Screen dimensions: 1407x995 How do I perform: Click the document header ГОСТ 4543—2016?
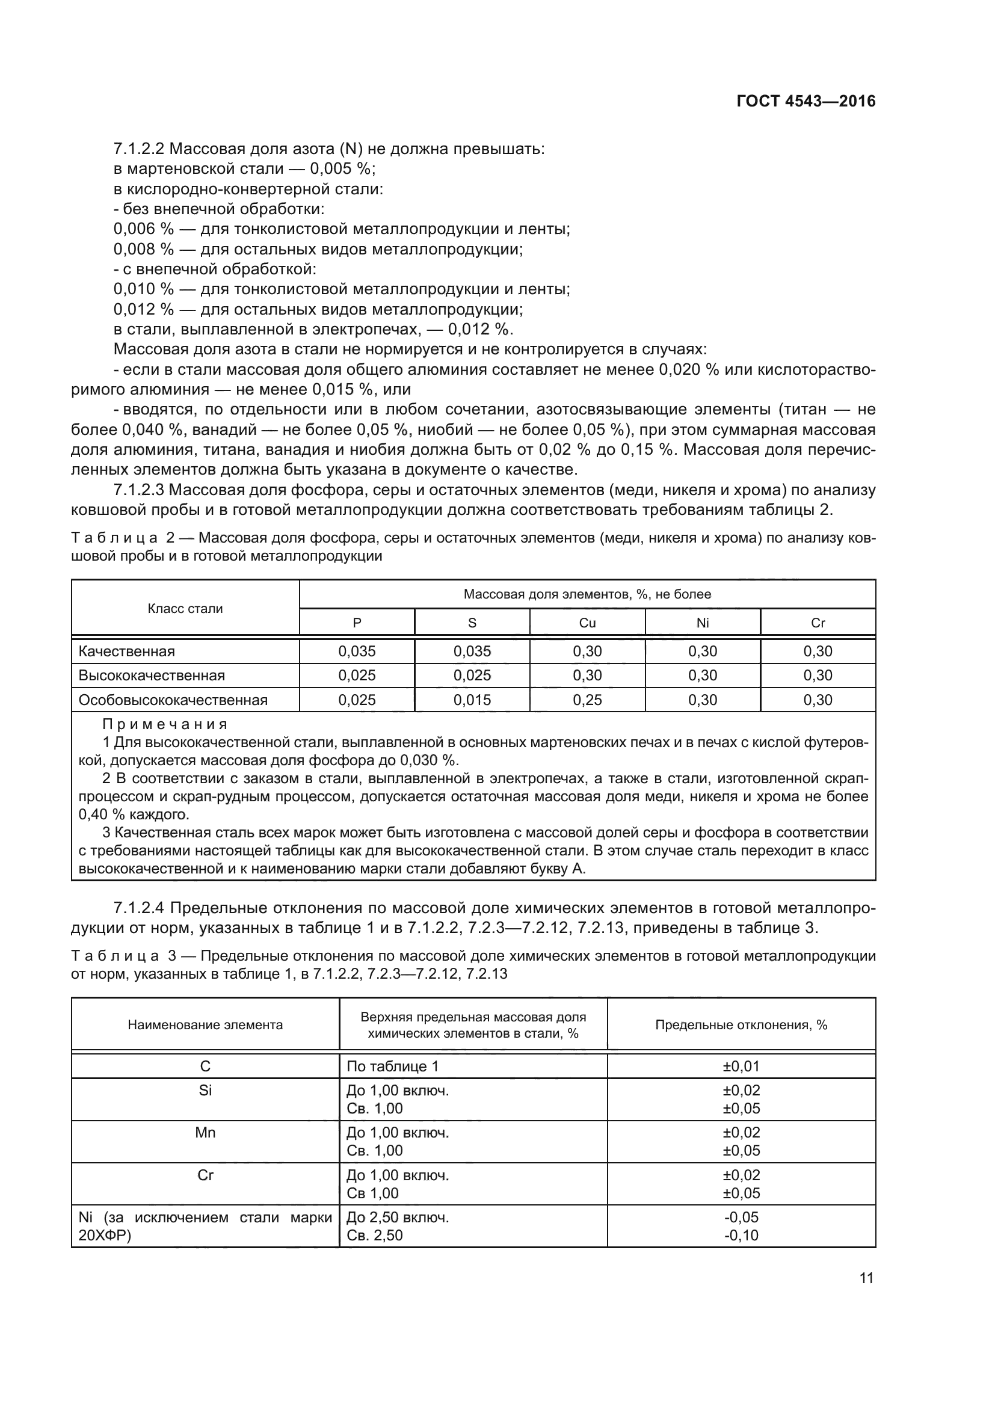[805, 101]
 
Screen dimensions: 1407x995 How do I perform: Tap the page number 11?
[866, 1278]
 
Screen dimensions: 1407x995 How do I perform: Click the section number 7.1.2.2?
[138, 149]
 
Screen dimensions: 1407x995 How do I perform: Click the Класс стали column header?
[185, 609]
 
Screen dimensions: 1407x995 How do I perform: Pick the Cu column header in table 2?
[587, 623]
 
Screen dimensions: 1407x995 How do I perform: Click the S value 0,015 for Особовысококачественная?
[472, 700]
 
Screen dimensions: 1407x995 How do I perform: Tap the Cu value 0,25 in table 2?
[587, 700]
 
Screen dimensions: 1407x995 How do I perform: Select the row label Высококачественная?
[152, 676]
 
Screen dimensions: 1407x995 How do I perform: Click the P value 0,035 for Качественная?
[357, 651]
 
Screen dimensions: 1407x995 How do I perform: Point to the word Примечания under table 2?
[165, 724]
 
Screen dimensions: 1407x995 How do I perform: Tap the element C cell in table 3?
[205, 1067]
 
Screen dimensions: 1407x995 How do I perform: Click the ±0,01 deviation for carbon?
[741, 1067]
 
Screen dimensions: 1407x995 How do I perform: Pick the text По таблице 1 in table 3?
[393, 1067]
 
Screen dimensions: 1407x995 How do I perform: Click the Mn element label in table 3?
[205, 1133]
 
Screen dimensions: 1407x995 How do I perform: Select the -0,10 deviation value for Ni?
[741, 1235]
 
